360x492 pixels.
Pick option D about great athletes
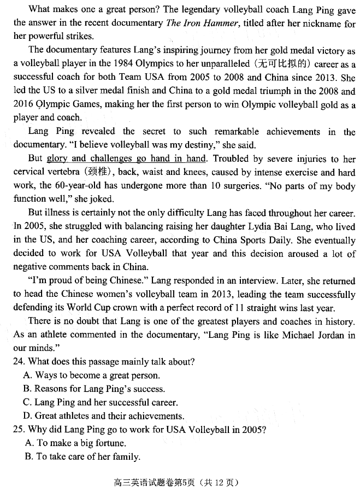pos(104,416)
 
